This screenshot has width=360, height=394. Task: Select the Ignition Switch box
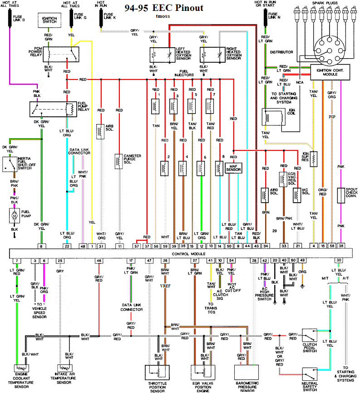pyautogui.click(x=49, y=20)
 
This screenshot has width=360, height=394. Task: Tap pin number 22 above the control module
pyautogui.click(x=67, y=246)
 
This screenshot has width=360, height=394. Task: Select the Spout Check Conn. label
pyautogui.click(x=351, y=194)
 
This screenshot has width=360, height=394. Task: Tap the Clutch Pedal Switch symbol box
pyautogui.click(x=310, y=336)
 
